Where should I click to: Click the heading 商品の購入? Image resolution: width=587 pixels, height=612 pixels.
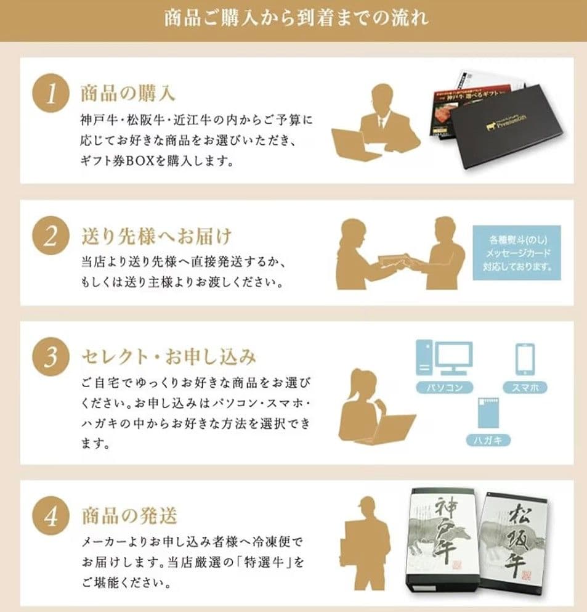tap(129, 94)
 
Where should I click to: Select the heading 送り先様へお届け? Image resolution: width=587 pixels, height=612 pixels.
tap(156, 236)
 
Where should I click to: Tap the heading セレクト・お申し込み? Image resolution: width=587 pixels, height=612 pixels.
tap(168, 357)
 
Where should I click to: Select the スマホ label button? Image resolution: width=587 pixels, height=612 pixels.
tap(524, 388)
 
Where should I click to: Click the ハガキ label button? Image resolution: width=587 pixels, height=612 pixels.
tap(488, 440)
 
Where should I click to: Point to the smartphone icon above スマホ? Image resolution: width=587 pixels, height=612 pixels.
tap(524, 359)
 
